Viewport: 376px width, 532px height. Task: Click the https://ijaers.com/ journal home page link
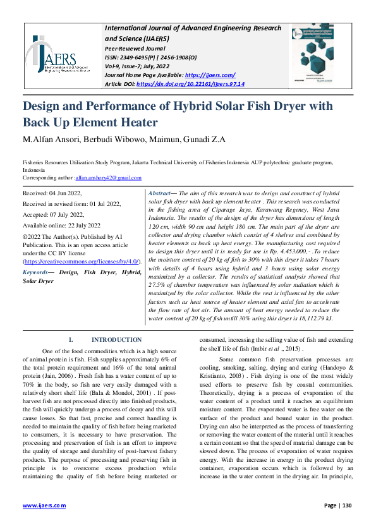[212, 75]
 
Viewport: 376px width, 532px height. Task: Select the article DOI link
[190, 83]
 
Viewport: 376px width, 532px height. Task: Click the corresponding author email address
[112, 178]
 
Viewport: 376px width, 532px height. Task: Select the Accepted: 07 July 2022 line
[51, 214]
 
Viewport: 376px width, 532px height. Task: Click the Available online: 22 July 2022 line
[61, 225]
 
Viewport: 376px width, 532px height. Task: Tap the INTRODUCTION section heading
[116, 340]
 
